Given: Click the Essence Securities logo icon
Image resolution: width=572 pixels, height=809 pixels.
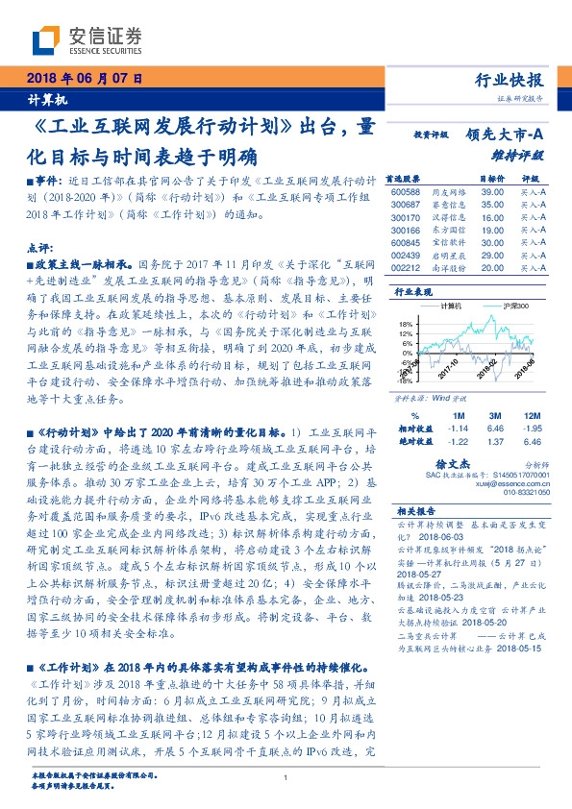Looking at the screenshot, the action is (x=47, y=39).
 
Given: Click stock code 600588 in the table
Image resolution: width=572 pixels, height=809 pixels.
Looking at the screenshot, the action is (x=407, y=192).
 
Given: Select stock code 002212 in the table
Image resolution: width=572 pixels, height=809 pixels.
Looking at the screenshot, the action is (x=407, y=268).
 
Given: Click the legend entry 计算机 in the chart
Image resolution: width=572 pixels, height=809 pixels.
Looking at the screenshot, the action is (x=451, y=306).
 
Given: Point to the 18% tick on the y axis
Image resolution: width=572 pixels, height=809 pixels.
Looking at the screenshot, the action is (x=407, y=324).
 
